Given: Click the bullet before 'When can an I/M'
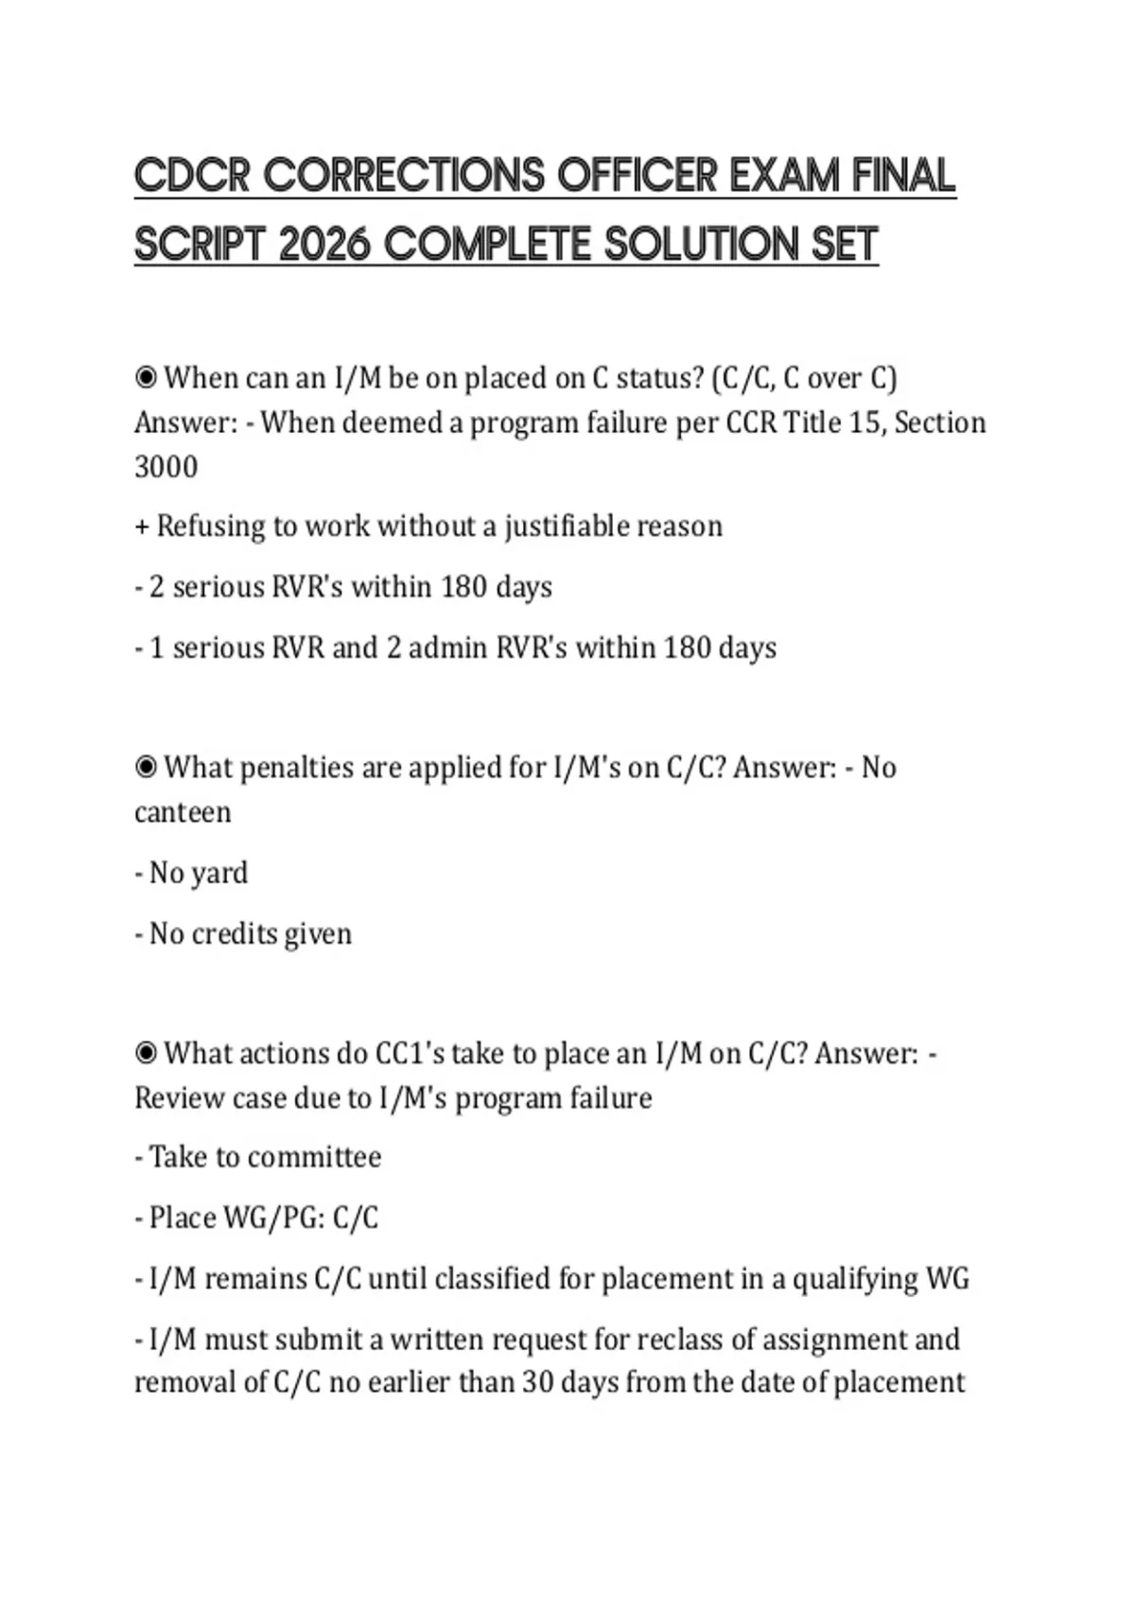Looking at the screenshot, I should coord(146,378).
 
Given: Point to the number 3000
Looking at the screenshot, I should coord(166,467).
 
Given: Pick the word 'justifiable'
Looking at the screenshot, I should coord(566,526).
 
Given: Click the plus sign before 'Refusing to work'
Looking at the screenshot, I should coord(142,527).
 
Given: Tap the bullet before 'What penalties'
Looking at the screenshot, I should coord(146,767).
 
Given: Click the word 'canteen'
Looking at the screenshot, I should coord(183,812).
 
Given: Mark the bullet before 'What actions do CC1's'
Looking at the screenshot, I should coord(146,1053).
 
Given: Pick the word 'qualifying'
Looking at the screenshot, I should coord(854,1279).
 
